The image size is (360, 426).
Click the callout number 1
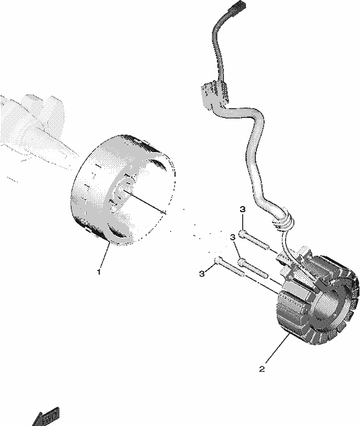pyautogui.click(x=99, y=271)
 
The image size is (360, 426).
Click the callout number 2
pyautogui.click(x=262, y=369)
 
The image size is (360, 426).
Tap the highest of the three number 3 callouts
pyautogui.click(x=243, y=209)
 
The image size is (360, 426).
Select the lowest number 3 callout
pyautogui.click(x=201, y=273)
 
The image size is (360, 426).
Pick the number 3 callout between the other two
pyautogui.click(x=232, y=238)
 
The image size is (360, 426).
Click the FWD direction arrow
pyautogui.click(x=46, y=417)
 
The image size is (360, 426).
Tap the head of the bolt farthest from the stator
pyautogui.click(x=218, y=260)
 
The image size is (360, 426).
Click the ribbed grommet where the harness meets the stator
pyautogui.click(x=282, y=218)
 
